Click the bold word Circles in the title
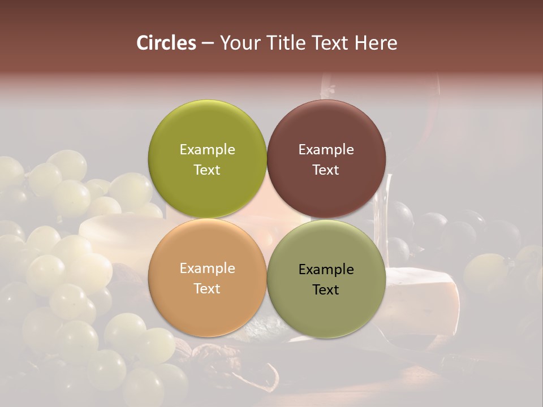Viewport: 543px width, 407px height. point(166,43)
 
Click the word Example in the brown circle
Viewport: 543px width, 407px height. point(326,150)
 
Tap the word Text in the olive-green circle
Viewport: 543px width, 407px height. point(207,170)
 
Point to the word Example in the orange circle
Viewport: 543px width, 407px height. point(207,269)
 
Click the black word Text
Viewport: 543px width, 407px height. point(326,290)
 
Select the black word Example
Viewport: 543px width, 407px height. point(326,270)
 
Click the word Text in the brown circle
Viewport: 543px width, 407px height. point(326,170)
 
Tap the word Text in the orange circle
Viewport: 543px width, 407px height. point(207,289)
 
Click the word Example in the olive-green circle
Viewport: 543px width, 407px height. point(207,150)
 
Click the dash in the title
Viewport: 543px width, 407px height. point(208,44)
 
